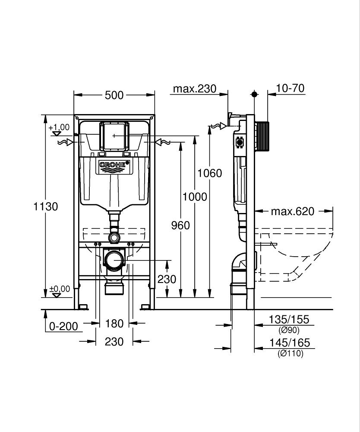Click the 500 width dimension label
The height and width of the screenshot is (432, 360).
[114, 95]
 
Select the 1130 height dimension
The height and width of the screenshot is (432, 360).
[46, 206]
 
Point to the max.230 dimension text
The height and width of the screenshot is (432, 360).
[194, 89]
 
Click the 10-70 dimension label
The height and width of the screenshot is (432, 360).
[290, 89]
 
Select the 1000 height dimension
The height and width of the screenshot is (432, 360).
[195, 197]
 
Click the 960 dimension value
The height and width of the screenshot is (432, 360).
[180, 225]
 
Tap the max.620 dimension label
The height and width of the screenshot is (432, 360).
[293, 211]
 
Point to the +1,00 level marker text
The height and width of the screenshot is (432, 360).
[59, 127]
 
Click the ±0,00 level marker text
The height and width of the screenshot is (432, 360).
[59, 289]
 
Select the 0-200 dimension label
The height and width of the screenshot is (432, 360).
[64, 326]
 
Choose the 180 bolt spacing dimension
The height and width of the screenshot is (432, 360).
[114, 323]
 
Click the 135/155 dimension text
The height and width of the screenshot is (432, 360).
[289, 320]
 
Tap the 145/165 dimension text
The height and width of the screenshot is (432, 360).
[289, 343]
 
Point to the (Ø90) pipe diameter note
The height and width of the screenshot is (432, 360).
[289, 330]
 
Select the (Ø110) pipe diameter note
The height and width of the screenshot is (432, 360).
[290, 353]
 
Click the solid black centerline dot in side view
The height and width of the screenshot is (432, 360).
[254, 94]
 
